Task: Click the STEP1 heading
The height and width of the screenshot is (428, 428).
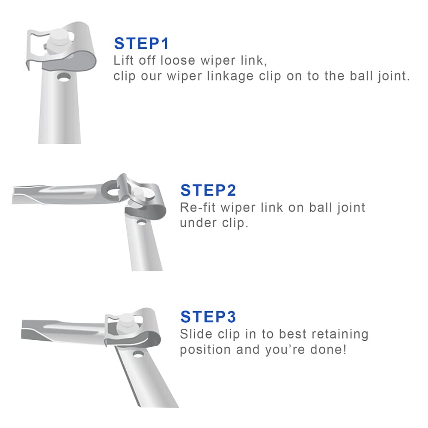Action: coord(142,44)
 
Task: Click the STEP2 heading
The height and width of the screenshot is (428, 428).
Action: coord(208,190)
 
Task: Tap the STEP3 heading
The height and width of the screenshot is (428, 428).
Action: coord(208,317)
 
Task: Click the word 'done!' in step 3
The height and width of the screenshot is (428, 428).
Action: coord(329,349)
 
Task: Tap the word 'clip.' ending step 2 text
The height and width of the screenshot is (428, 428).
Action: coord(235,223)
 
